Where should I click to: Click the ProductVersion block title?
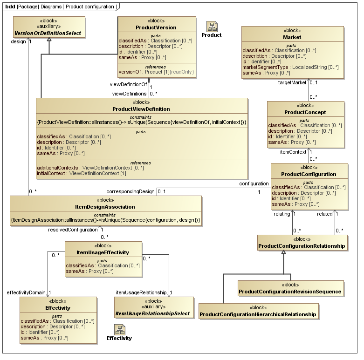click(162, 27)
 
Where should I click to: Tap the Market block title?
click(292, 37)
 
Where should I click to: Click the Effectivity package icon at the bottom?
click(119, 330)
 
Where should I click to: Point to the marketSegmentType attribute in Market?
click(290, 68)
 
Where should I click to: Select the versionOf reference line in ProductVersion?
click(156, 72)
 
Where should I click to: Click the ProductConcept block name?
click(305, 112)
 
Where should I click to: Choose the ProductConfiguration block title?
click(309, 174)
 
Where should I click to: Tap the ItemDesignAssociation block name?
click(105, 206)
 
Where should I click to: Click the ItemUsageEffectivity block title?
click(103, 252)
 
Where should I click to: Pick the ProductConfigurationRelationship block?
click(302, 245)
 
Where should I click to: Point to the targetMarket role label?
click(292, 82)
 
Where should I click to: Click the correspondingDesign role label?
click(130, 191)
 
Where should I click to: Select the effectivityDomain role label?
click(27, 292)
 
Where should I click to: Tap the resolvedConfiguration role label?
click(73, 230)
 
